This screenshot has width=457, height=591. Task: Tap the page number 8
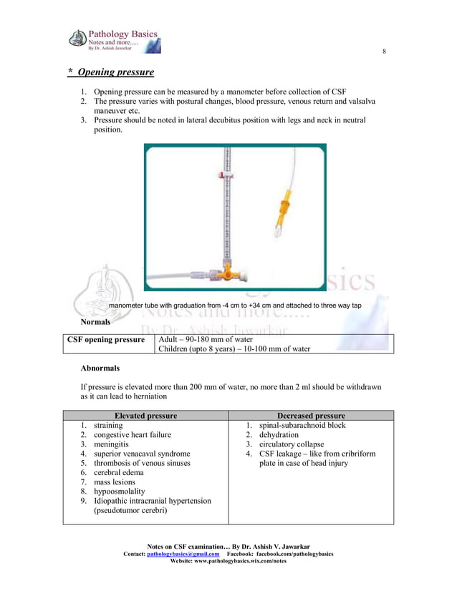384,52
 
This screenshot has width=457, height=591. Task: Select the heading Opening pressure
115,72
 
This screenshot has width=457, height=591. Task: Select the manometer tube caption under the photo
235,306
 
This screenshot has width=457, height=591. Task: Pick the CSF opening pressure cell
106,339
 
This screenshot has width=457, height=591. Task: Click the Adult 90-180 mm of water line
205,339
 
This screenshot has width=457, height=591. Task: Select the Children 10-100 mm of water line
234,348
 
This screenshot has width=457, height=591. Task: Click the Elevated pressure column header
145,415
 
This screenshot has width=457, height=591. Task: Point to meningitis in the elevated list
115,444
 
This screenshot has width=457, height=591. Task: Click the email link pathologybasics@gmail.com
183,555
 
